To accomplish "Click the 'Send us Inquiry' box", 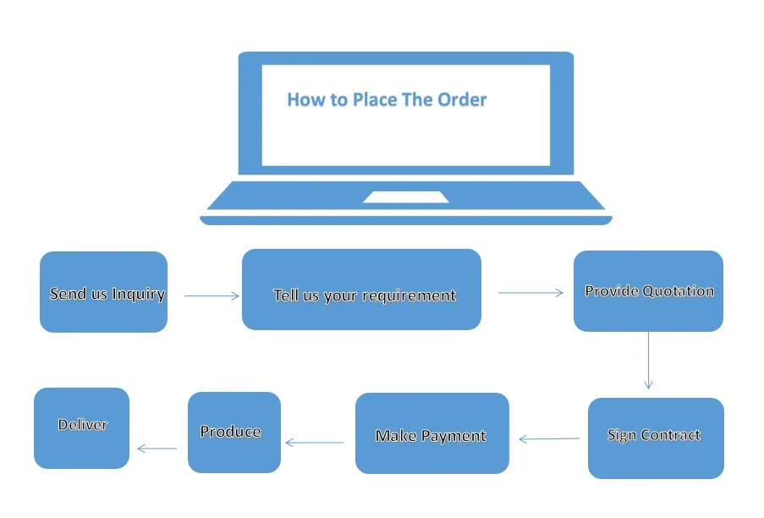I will coord(103,292).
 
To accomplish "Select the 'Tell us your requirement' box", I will coord(361,289).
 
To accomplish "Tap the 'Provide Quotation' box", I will coord(648,291).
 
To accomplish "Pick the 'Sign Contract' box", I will coord(656,438).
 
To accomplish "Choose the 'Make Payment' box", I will coord(431,433).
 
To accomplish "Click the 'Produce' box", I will coord(234,433).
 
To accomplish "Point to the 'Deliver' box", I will coord(81,427).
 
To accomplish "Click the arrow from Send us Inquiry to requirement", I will coord(212,295).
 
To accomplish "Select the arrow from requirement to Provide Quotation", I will coord(530,293).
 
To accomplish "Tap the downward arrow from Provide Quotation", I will coord(648,360).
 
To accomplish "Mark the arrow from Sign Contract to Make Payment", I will coord(549,439).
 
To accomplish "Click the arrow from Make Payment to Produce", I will coord(315,442).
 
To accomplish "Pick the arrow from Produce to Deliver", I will coord(157,449).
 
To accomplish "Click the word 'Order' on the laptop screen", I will coord(462,100).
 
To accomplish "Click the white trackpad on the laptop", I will coord(406,197).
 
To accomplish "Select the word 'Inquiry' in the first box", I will coord(138,295).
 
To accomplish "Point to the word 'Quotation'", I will coord(679,291).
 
